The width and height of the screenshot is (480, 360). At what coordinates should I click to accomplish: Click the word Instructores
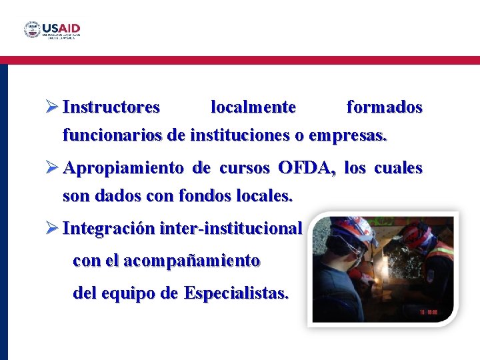coord(111,107)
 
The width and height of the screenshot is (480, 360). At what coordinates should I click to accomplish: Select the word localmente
coord(253,107)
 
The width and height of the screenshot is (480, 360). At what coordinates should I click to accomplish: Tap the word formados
coord(385,107)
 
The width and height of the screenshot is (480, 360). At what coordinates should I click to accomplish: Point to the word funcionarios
coord(112,136)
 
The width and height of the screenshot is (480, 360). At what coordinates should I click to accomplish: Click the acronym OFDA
coord(307,168)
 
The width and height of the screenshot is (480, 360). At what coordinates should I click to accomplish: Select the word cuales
coord(398,168)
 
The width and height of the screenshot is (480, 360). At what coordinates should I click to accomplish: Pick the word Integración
coord(109,229)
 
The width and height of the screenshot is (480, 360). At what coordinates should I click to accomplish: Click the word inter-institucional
coord(231,229)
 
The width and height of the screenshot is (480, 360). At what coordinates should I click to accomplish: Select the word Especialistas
coord(237,293)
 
